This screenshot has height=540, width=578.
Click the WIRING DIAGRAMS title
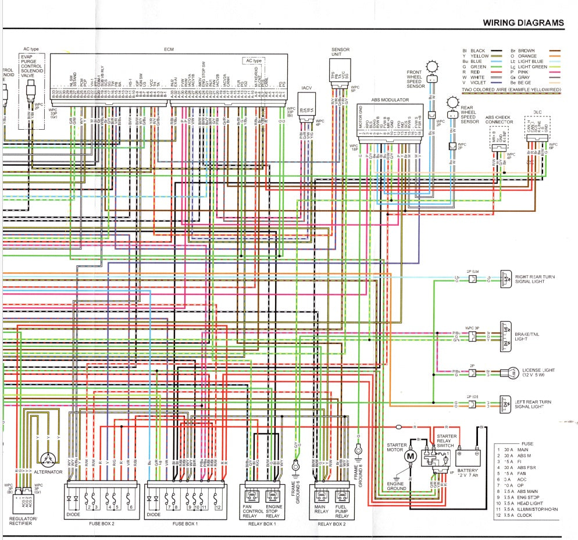[x=523, y=23]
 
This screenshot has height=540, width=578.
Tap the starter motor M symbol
[x=411, y=456]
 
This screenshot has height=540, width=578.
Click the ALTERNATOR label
[x=48, y=471]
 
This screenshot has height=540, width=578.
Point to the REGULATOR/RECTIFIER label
[x=23, y=521]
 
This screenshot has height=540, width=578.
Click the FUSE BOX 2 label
[x=102, y=523]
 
